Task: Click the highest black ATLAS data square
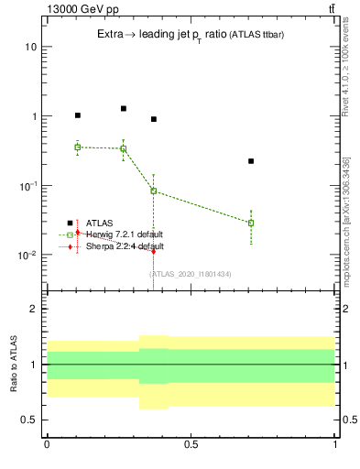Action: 123,108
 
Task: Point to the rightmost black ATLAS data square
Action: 251,161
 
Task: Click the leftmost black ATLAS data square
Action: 78,115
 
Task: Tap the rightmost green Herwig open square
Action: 251,223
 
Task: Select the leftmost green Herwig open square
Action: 78,147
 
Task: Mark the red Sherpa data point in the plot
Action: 153,250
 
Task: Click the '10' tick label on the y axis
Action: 30,47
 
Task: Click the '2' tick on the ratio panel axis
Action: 34,309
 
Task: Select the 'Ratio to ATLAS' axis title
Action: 13,365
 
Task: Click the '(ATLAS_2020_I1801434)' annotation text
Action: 191,274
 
